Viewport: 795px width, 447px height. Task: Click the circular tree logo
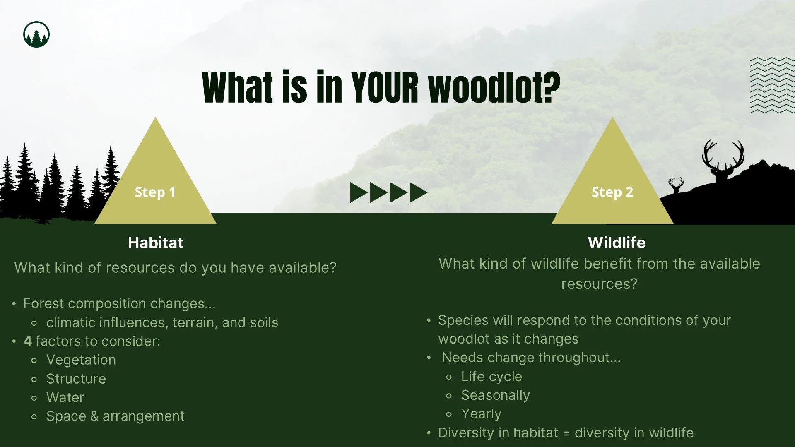(36, 34)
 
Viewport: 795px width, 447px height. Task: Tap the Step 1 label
(155, 192)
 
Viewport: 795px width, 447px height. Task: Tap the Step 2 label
(612, 192)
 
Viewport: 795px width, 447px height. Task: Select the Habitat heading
(155, 243)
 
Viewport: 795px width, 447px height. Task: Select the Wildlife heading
(616, 243)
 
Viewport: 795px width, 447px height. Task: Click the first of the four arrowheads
(358, 192)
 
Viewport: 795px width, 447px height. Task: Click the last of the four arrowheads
(418, 192)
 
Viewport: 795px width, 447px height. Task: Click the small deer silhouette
(676, 185)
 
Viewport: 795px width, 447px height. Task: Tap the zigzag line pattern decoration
(772, 85)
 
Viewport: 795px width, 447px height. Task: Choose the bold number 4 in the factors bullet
(28, 341)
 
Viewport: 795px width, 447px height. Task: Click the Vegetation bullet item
(81, 360)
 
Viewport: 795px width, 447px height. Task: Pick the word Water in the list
(65, 397)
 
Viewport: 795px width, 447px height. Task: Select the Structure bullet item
(76, 379)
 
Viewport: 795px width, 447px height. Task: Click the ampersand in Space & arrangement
(94, 416)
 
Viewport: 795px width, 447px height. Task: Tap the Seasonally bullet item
(495, 395)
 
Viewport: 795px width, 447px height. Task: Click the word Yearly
(481, 414)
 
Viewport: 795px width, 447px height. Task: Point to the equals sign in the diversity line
(566, 433)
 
